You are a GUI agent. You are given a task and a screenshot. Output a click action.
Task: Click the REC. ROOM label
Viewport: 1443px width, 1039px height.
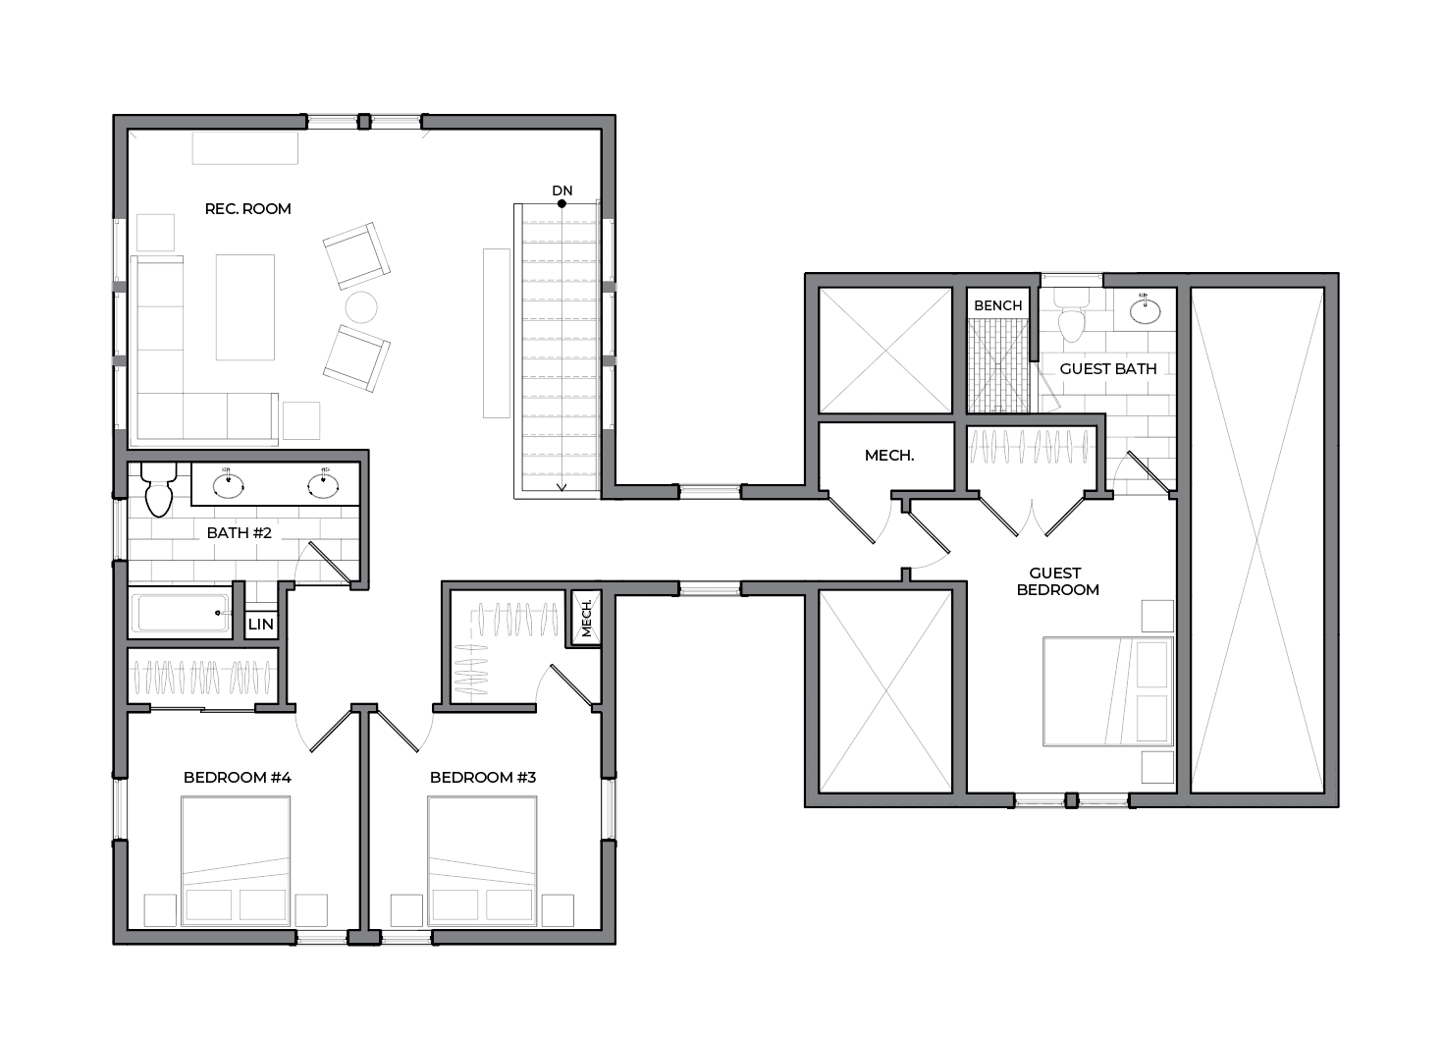coord(248,209)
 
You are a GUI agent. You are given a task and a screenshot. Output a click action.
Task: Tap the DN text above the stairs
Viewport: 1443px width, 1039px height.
coord(562,191)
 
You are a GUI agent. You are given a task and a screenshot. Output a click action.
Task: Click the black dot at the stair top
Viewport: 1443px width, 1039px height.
coord(561,203)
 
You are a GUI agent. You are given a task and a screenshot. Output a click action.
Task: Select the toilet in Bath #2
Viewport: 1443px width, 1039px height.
coord(158,490)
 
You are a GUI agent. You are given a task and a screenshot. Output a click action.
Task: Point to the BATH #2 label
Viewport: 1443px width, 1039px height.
coord(239,533)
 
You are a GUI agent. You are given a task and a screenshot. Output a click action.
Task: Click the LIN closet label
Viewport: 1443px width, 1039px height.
coord(261,624)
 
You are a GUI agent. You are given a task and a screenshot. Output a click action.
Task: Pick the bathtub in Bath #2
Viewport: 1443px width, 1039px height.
coord(181,613)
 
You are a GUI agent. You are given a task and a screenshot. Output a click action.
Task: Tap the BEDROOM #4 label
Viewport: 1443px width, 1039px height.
coord(238,778)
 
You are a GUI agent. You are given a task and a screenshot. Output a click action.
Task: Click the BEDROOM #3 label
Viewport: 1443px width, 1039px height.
coord(483,778)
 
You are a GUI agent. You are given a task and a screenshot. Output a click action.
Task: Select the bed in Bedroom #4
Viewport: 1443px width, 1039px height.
coord(236,860)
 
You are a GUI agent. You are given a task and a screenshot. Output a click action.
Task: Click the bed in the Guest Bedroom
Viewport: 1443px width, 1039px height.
coord(1108,691)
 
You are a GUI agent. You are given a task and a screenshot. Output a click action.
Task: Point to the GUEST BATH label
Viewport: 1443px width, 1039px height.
coord(1108,368)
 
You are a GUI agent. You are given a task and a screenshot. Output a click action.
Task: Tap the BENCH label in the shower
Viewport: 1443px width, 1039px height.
coord(998,305)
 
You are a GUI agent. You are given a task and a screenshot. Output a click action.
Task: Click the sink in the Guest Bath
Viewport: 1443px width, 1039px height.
coord(1145,311)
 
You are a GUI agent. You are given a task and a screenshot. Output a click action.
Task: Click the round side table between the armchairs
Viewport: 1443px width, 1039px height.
coord(361,307)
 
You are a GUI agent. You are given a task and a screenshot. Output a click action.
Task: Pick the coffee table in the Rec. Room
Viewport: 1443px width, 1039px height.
coord(244,306)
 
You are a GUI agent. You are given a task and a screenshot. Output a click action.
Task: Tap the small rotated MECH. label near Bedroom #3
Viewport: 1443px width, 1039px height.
coord(586,618)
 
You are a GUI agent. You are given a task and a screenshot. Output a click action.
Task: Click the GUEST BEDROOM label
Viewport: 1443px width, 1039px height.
coord(1058,581)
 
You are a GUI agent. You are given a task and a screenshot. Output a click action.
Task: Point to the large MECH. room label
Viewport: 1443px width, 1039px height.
coord(889,456)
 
